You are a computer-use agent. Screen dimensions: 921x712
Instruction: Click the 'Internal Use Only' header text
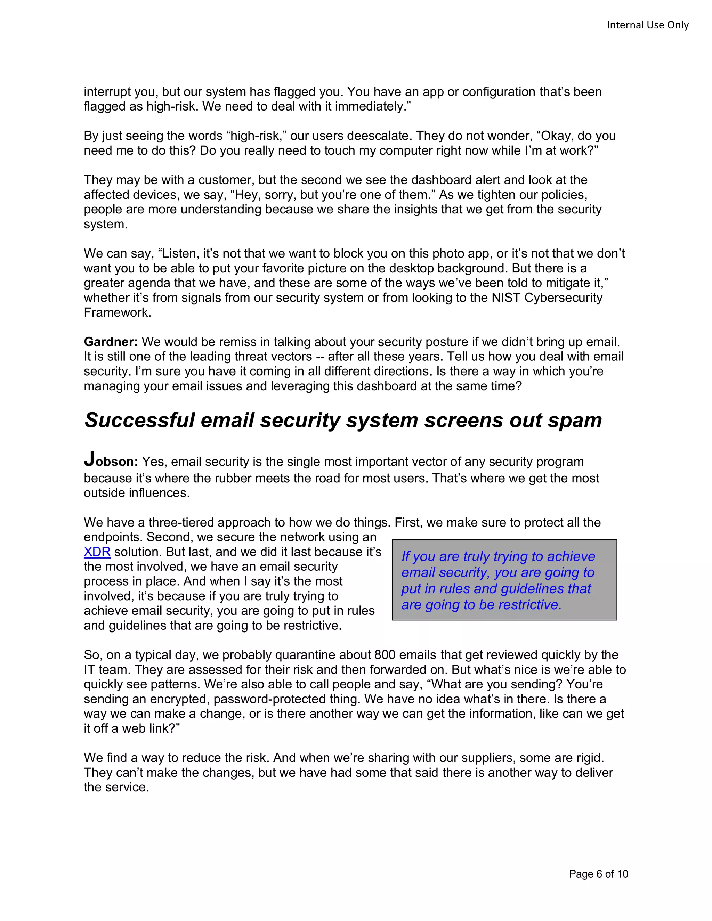tap(647, 25)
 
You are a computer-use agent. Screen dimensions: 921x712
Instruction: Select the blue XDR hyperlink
tap(97, 552)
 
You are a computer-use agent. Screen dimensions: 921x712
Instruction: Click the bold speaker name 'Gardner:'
tap(111, 342)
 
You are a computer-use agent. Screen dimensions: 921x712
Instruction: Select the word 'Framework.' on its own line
tap(117, 312)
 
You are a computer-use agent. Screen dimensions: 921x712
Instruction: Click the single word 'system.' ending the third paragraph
tap(105, 224)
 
